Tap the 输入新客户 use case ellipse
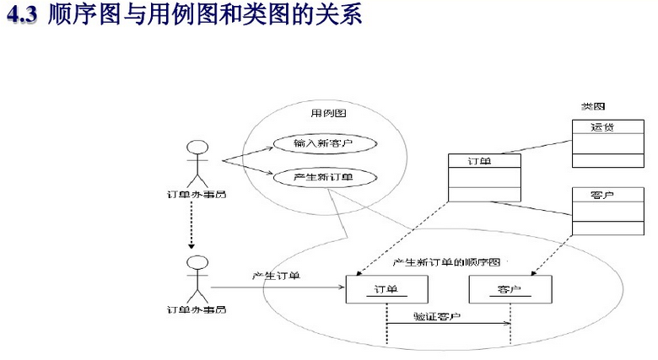(322, 144)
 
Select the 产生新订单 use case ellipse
(322, 176)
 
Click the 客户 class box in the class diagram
(602, 210)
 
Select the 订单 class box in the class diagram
(484, 177)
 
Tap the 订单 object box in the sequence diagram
(386, 289)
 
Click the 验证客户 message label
(438, 317)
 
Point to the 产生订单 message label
(276, 277)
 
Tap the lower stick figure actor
(197, 279)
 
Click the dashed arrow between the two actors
(193, 224)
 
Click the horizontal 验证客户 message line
(449, 325)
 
